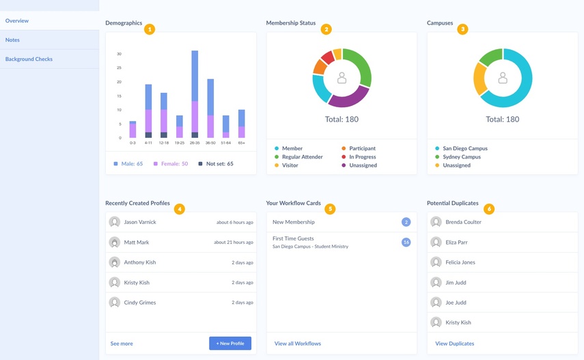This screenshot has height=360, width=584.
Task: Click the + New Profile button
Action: click(230, 344)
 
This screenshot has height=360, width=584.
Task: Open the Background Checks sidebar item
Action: click(29, 59)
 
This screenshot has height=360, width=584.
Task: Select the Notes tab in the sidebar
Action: click(12, 40)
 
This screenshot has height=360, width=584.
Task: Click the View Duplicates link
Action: click(454, 344)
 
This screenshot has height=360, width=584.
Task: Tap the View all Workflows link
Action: click(297, 344)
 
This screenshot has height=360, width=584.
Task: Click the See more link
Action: click(122, 344)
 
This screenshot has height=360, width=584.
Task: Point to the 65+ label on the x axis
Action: click(241, 143)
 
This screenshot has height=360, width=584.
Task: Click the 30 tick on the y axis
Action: click(119, 54)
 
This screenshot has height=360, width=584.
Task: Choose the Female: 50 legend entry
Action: click(171, 164)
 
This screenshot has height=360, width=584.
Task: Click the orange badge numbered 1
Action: click(150, 29)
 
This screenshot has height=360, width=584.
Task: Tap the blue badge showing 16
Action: click(406, 243)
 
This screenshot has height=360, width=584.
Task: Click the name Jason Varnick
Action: click(140, 223)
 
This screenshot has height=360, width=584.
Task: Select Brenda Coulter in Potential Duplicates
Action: click(463, 223)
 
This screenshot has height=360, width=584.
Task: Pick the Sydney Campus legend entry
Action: click(461, 157)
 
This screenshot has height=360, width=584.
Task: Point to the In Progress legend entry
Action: click(362, 157)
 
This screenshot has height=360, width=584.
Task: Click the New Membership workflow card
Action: click(294, 223)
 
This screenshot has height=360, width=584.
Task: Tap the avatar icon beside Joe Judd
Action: click(436, 303)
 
